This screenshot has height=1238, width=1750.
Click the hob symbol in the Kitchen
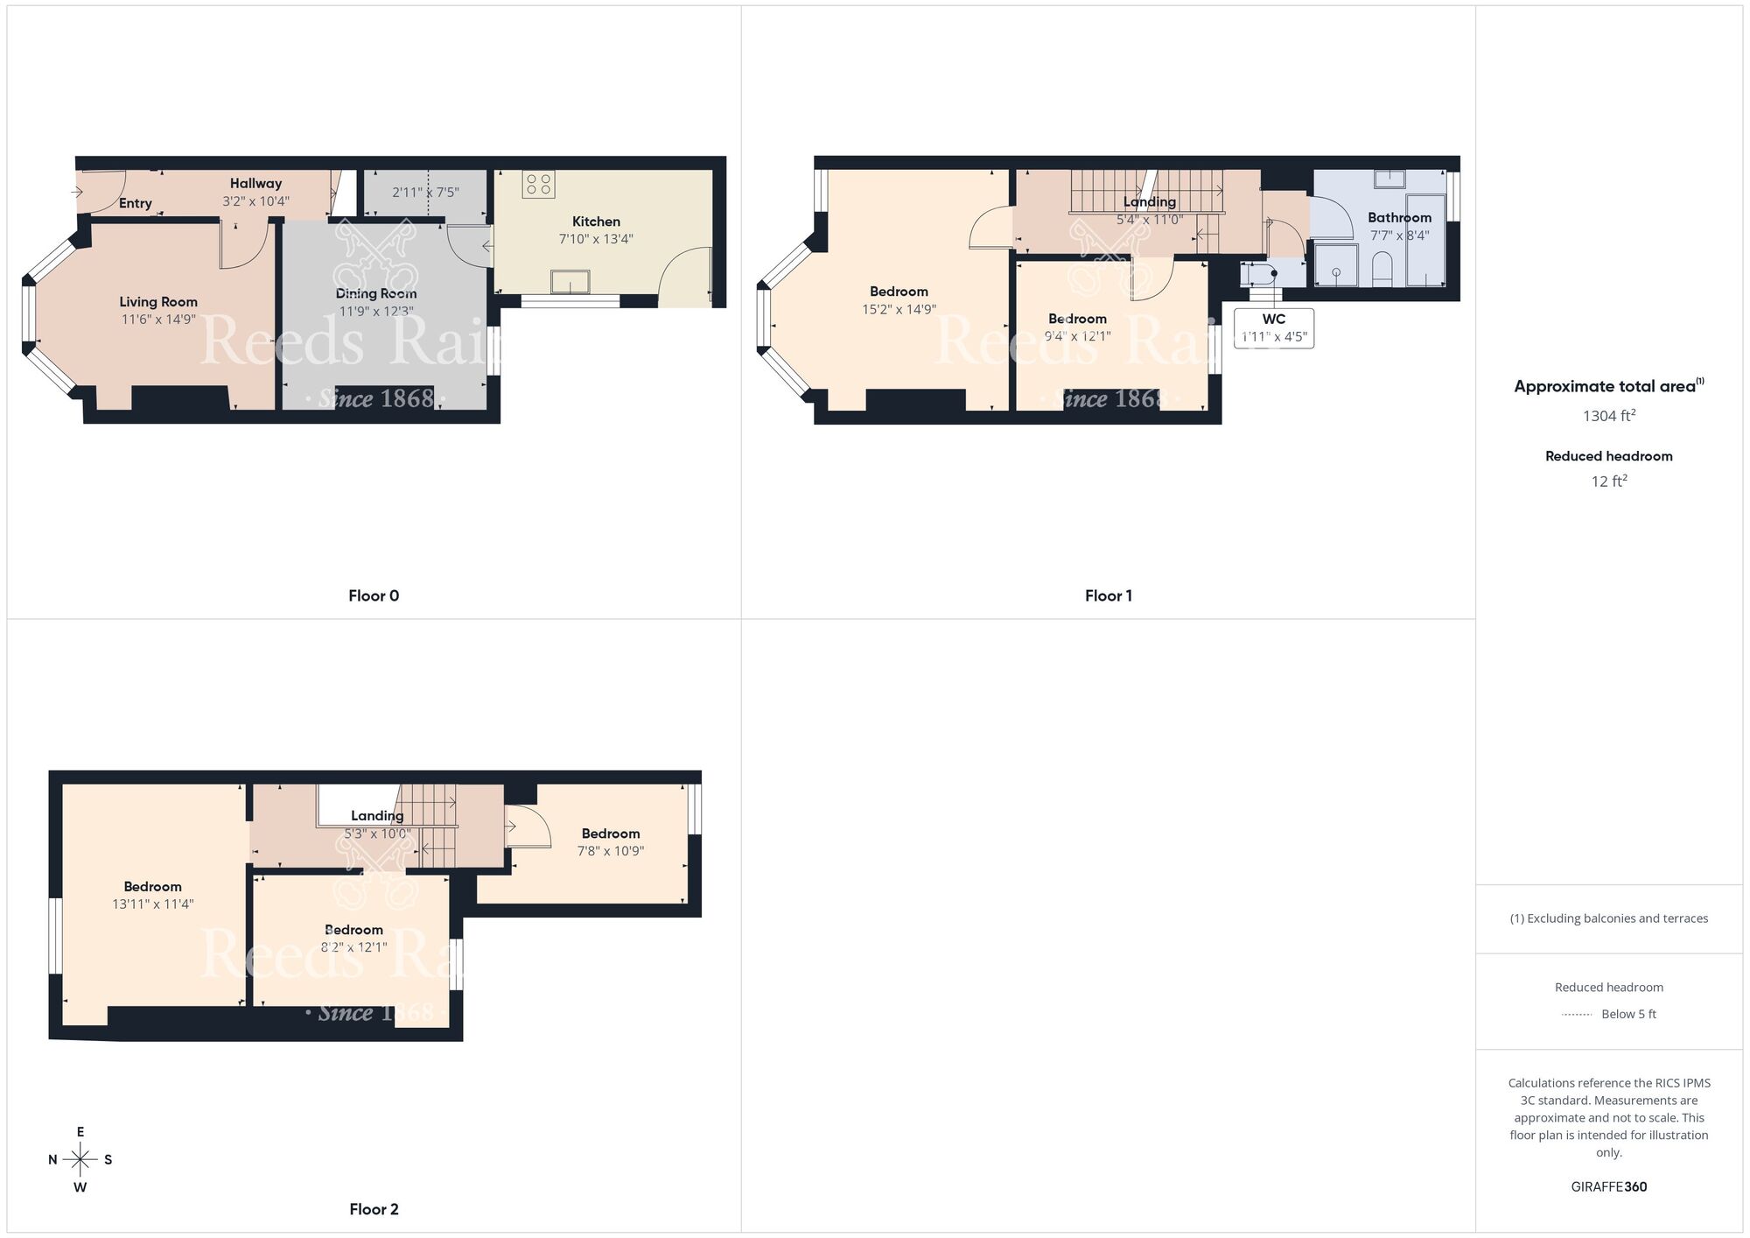tap(538, 184)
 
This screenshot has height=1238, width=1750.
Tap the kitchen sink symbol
tap(570, 282)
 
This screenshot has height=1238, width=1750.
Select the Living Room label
tap(158, 302)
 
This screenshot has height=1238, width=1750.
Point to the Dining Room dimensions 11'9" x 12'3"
tap(376, 312)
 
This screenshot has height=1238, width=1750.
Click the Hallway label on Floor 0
tap(255, 184)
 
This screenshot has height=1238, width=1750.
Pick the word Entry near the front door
tap(136, 203)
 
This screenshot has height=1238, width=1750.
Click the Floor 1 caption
tap(1108, 596)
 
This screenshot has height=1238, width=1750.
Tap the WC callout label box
tap(1273, 327)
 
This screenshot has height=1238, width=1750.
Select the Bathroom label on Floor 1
tap(1399, 218)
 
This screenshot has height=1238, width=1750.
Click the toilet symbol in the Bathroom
tap(1382, 267)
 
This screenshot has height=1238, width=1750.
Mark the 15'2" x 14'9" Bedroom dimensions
tap(899, 309)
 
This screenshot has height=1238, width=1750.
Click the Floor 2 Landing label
tap(377, 816)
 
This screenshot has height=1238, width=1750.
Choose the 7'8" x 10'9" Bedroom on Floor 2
tap(610, 842)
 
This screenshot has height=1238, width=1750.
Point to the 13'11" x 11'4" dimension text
tap(153, 904)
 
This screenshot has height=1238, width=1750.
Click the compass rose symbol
tap(80, 1160)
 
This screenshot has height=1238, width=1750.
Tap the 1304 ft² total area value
tap(1608, 416)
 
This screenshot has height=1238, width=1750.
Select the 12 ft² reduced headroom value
tap(1608, 482)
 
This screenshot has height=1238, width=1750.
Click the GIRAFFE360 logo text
tap(1608, 1187)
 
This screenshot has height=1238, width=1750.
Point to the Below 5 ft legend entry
tap(1627, 1015)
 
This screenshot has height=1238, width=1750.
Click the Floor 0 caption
tap(374, 596)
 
